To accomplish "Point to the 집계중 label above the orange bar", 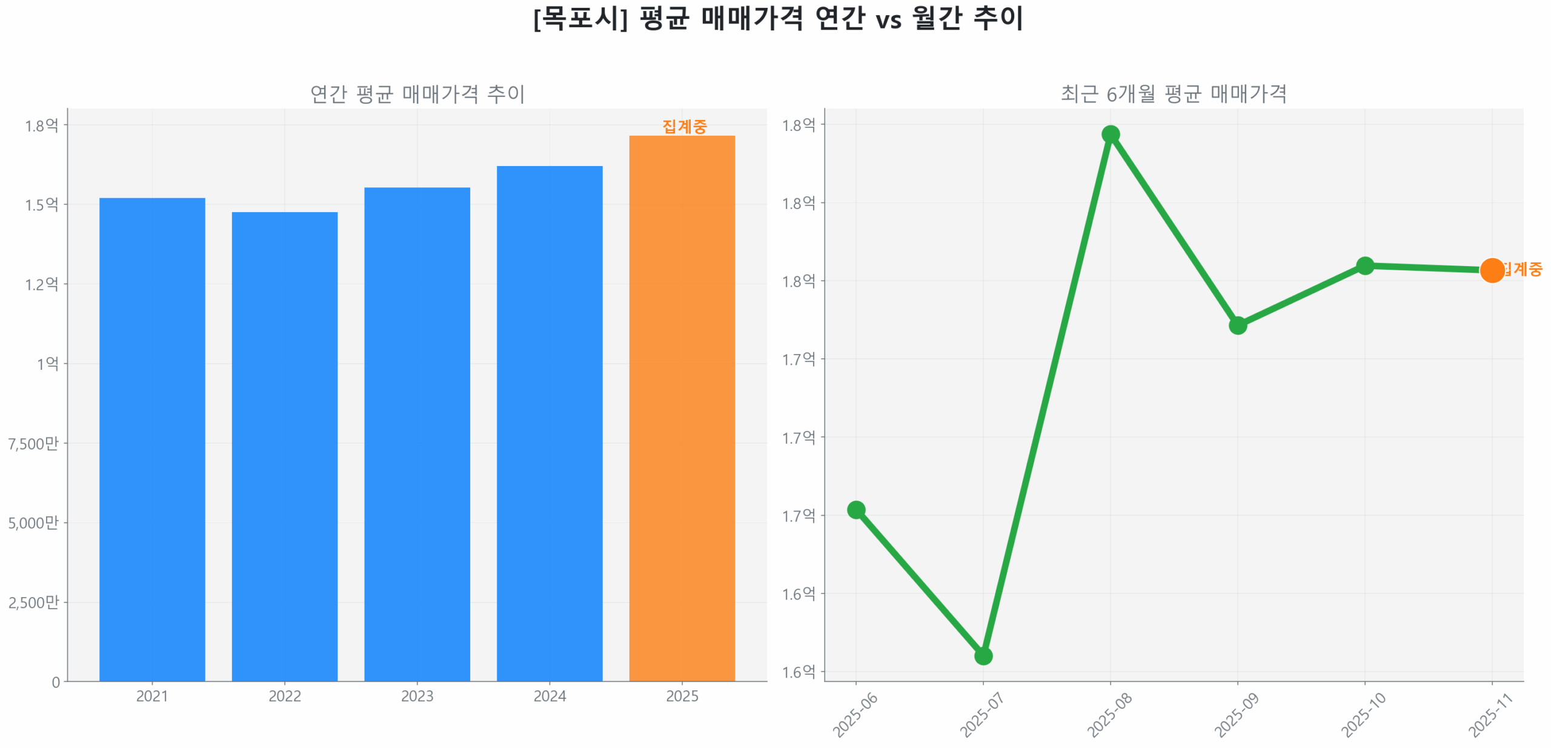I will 684,126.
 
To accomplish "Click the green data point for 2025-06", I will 856,509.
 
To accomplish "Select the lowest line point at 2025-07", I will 983,655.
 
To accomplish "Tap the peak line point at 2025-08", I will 1110,134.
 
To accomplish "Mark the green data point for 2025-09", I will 1237,325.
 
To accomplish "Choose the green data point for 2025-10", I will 1364,265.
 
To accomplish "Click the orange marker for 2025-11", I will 1491,270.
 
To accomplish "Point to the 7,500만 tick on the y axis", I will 33,443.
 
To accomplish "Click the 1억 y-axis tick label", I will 47,364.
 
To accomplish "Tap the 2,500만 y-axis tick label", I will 33,602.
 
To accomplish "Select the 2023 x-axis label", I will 417,695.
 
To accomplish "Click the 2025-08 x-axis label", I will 1109,715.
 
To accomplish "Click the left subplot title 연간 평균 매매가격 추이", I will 417,93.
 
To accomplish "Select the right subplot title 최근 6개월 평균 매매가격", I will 1173,93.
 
